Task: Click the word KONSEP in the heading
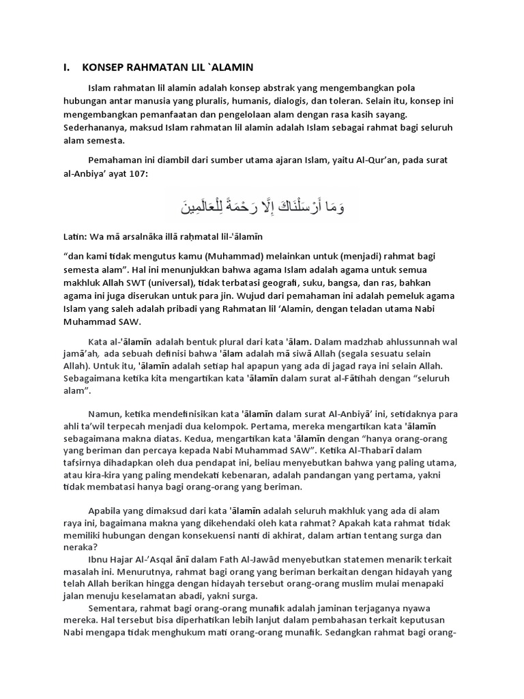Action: (104, 67)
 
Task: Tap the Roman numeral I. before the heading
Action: (66, 67)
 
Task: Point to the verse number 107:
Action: (135, 174)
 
